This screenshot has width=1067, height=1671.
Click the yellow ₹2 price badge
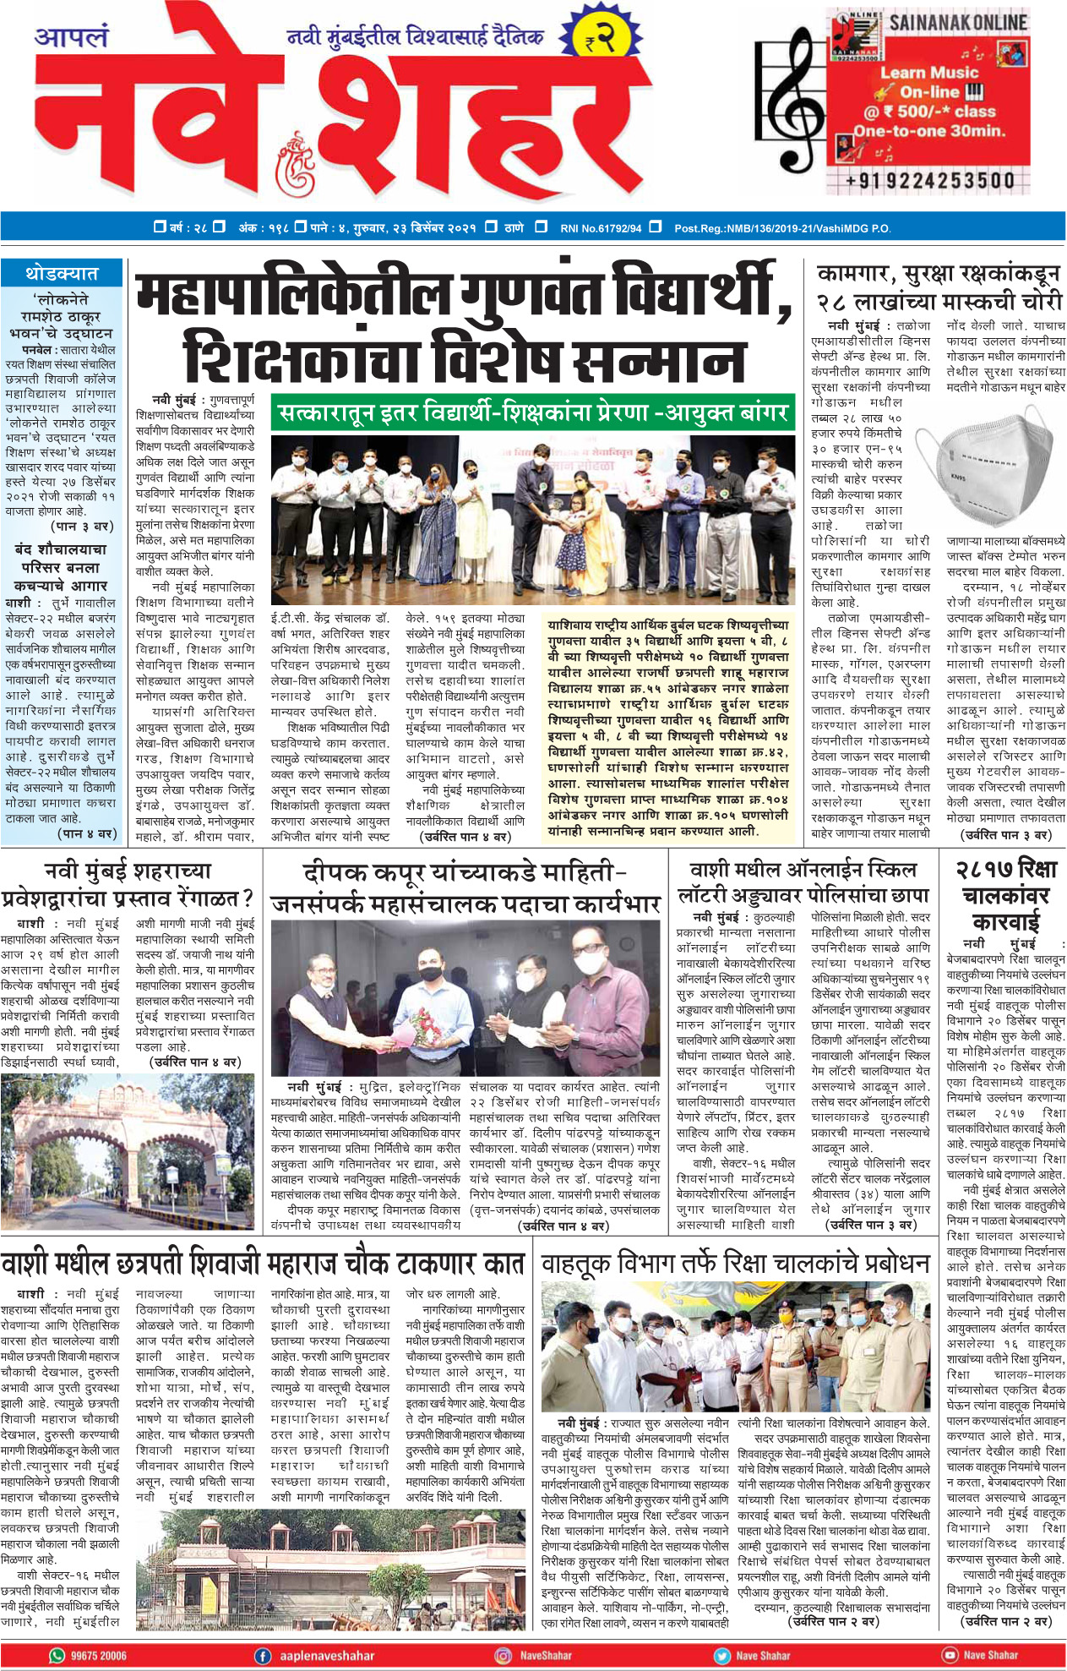[x=597, y=39]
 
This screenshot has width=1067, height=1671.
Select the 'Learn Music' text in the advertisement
[x=929, y=73]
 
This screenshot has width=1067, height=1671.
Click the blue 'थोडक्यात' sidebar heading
[x=62, y=273]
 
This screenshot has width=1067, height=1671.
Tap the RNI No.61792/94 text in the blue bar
[x=601, y=227]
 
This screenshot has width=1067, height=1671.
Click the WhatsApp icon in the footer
[x=57, y=1655]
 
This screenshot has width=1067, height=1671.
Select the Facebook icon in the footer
[x=263, y=1655]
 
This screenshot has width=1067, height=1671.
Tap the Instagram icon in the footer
[x=504, y=1655]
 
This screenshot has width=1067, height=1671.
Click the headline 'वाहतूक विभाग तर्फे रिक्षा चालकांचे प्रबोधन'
[x=735, y=1264]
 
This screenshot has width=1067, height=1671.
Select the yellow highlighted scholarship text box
[x=668, y=728]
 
